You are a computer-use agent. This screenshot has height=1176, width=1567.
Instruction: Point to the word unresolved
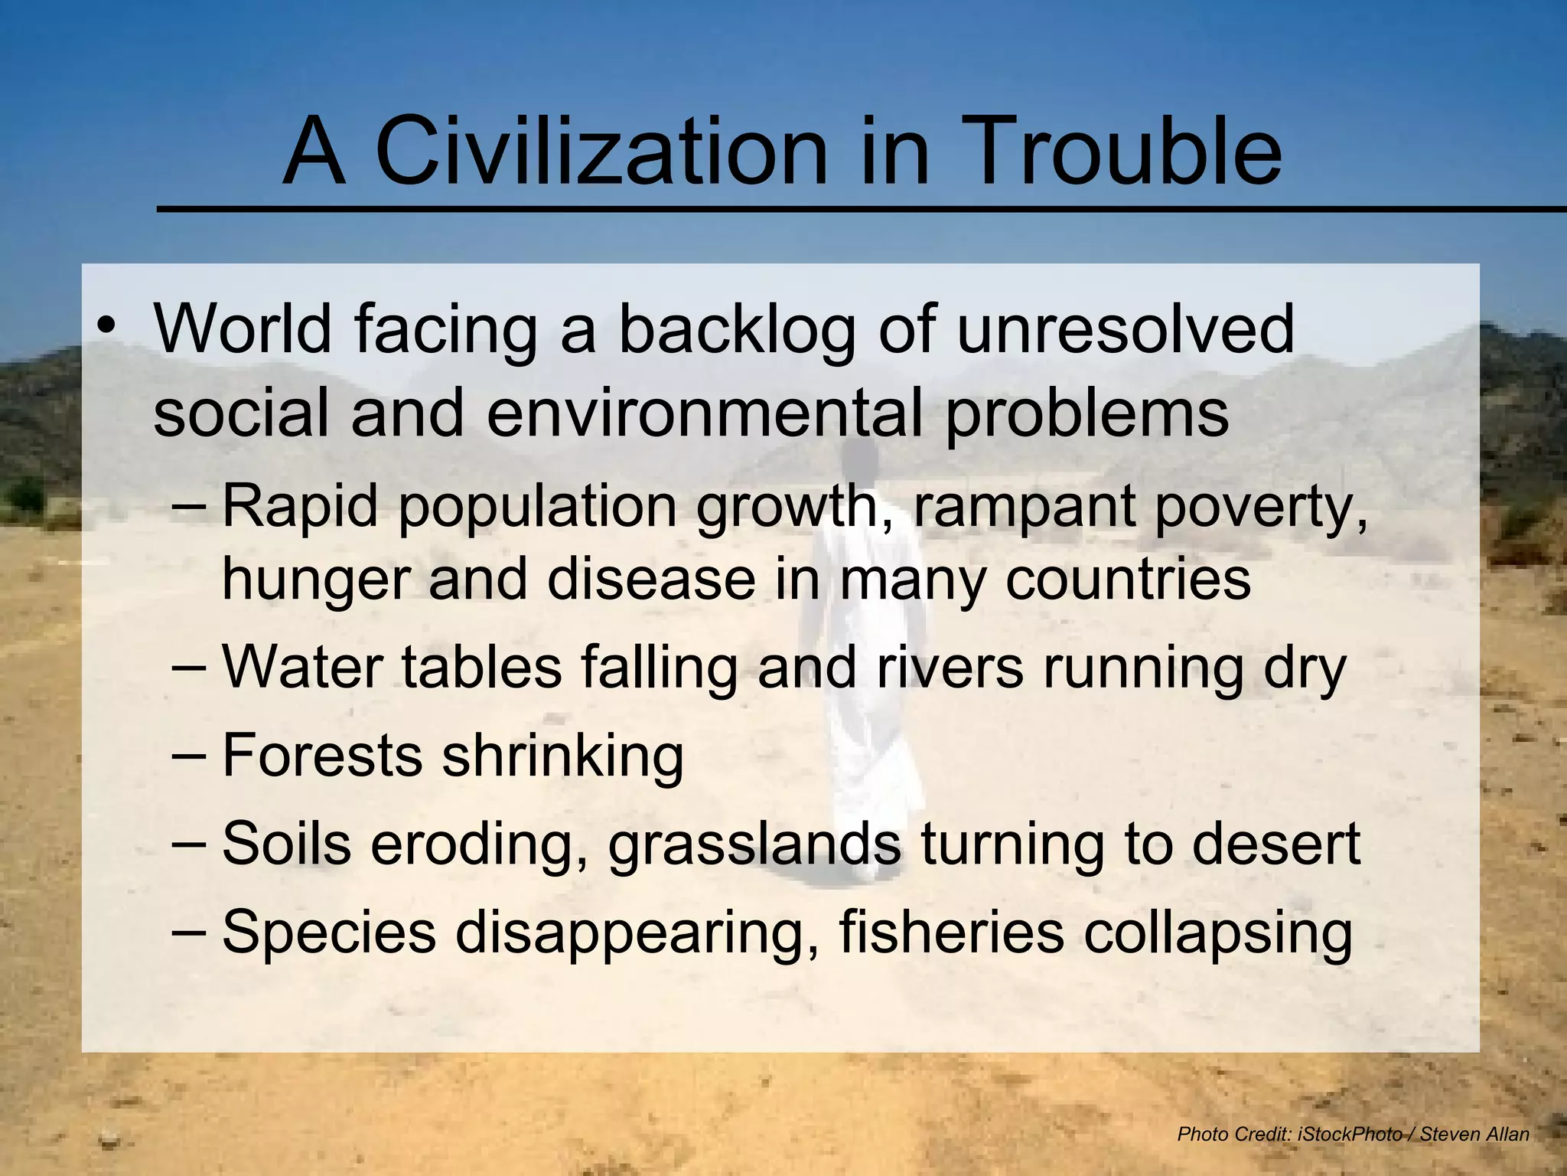1125,329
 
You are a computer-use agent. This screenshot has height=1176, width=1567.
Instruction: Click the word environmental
704,413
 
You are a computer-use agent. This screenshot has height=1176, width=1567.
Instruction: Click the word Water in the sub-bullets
302,668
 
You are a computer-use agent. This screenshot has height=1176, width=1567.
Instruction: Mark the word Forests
322,756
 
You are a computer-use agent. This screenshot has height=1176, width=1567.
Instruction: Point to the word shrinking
563,756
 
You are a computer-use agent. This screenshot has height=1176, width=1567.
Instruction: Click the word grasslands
754,844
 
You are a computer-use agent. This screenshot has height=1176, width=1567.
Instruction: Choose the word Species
328,932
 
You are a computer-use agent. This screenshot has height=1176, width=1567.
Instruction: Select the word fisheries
952,932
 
